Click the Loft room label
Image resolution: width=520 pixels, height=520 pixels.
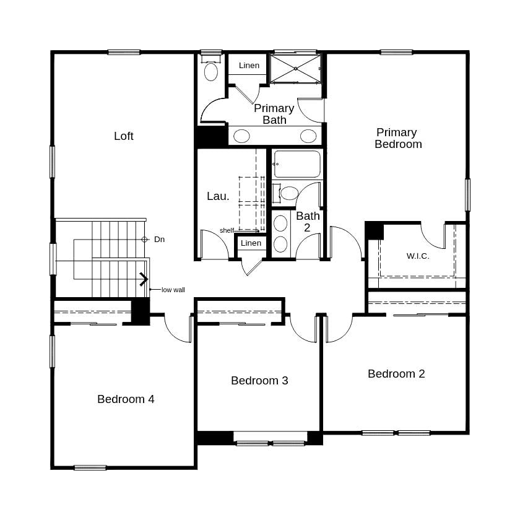point(124,136)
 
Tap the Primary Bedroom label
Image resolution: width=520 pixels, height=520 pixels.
point(397,138)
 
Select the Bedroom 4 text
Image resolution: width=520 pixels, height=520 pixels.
point(126,399)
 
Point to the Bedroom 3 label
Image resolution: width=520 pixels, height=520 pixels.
point(259,381)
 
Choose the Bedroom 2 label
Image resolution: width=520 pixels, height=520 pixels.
point(396,374)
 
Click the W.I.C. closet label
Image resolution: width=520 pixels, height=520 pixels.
point(418,256)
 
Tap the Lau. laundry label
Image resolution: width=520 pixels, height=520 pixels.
point(218,196)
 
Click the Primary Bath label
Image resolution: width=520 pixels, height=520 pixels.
point(274,114)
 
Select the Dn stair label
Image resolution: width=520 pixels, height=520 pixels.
point(160,239)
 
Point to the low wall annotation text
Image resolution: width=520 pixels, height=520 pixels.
point(173,290)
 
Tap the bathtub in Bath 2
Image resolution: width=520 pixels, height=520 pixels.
point(297,164)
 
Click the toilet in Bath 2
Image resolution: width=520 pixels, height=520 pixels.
point(288,193)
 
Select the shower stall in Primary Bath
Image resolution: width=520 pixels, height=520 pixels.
point(295,68)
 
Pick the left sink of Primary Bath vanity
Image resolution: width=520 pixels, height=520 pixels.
point(241,136)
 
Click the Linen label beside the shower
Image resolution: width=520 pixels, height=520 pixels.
point(249,66)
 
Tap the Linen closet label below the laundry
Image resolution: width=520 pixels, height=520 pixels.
point(251,243)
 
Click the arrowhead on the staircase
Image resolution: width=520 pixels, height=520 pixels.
point(144,280)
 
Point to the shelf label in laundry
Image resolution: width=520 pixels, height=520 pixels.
point(227,231)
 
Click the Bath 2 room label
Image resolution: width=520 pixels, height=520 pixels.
point(308,222)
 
